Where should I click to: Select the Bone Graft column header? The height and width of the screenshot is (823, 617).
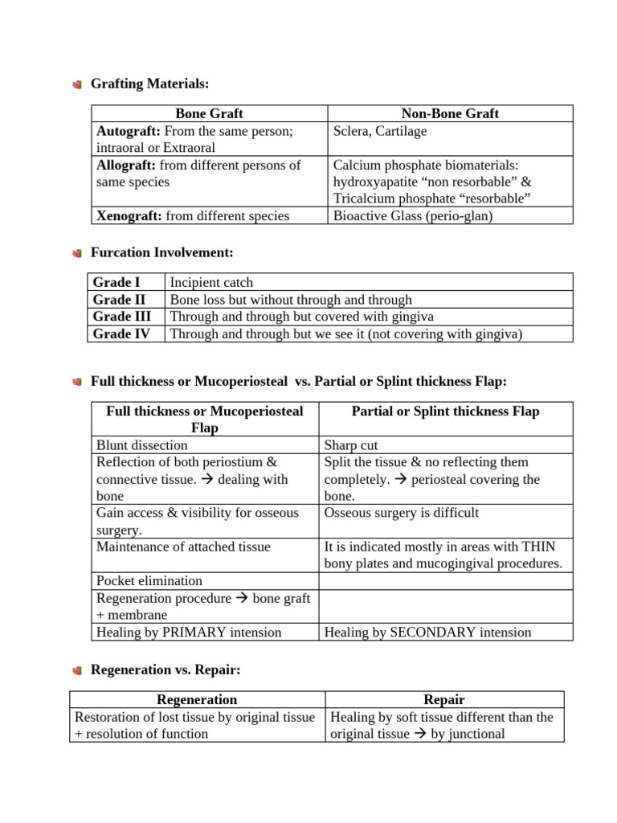(x=209, y=113)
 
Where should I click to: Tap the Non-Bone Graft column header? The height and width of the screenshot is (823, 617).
(x=450, y=113)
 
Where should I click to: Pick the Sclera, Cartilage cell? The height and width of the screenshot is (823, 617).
(x=380, y=131)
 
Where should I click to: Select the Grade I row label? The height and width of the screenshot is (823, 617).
(x=117, y=282)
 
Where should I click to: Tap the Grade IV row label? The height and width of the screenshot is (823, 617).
(x=121, y=334)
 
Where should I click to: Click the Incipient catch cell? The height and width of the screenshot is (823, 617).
(x=211, y=282)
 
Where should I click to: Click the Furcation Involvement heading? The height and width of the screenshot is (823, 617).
(x=161, y=252)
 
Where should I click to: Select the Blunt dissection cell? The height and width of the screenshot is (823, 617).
(x=141, y=445)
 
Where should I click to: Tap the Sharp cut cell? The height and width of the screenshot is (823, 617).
(x=351, y=445)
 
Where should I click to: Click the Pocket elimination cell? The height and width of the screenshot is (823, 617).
(x=149, y=580)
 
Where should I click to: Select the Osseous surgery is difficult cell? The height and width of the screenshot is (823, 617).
(x=402, y=513)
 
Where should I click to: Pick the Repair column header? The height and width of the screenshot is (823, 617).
(x=444, y=700)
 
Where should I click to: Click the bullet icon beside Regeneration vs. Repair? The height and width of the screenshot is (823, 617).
(x=76, y=669)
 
